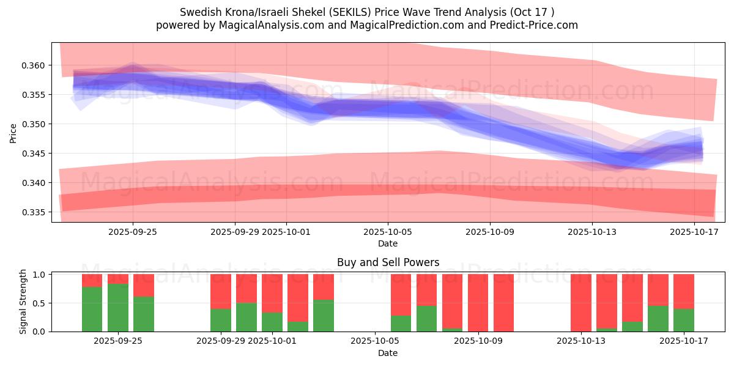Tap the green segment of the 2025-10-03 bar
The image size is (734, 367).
324,316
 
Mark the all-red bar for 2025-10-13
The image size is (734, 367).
580,303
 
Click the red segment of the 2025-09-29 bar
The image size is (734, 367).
221,291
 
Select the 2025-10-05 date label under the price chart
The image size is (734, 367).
387,232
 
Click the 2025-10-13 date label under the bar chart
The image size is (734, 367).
580,341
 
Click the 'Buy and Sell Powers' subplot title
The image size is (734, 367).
388,262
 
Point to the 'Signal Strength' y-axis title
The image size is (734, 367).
23,302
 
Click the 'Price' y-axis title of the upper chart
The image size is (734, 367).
13,133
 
